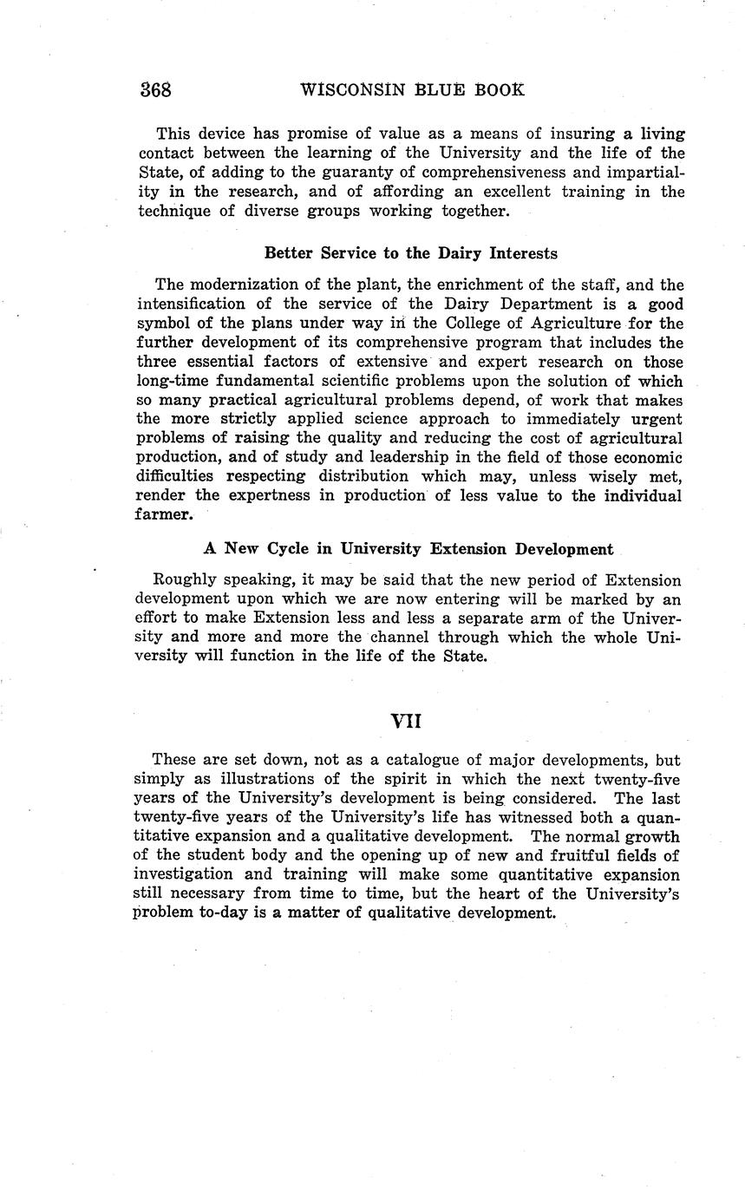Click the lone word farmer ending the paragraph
coord(164,514)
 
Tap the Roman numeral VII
coord(406,721)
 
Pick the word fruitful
coord(582,856)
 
